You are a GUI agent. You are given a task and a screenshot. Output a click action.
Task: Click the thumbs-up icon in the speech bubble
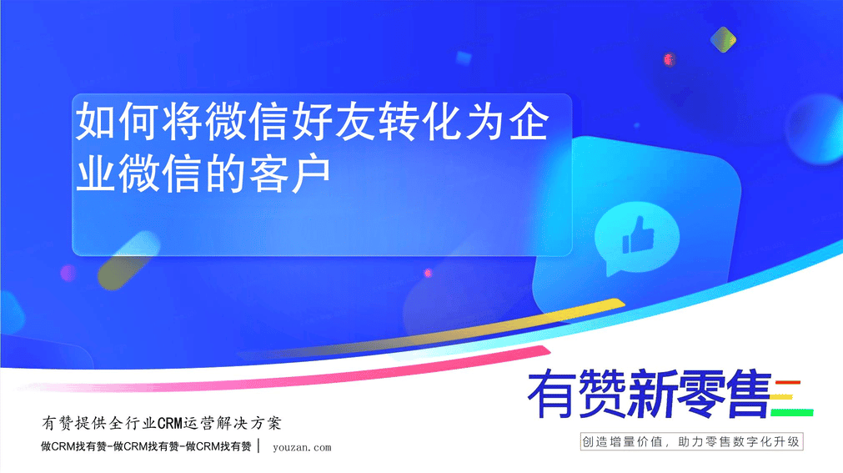click(x=638, y=235)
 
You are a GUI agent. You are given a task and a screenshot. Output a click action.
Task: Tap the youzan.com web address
click(x=302, y=447)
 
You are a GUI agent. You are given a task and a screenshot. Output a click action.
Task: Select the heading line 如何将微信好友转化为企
click(x=313, y=121)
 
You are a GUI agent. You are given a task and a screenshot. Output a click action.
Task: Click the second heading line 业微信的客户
click(x=203, y=173)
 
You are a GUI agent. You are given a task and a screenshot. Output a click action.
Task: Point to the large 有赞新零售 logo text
click(x=650, y=394)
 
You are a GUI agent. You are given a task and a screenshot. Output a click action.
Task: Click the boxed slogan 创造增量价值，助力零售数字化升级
click(x=691, y=442)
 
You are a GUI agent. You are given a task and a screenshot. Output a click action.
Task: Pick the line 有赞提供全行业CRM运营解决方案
click(x=161, y=423)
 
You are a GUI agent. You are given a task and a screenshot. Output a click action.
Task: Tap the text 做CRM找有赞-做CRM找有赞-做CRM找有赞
click(x=146, y=446)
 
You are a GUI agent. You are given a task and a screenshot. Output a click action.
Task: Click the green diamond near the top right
click(x=723, y=40)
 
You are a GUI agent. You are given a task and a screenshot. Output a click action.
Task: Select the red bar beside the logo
click(x=788, y=383)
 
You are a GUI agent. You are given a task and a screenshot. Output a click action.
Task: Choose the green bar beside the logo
click(x=792, y=413)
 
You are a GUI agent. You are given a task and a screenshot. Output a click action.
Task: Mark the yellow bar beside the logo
click(x=781, y=398)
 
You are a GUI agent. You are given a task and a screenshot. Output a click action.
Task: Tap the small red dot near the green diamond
click(x=669, y=59)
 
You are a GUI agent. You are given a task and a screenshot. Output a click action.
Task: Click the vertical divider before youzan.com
click(x=259, y=446)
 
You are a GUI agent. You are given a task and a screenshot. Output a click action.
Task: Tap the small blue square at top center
click(x=464, y=58)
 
